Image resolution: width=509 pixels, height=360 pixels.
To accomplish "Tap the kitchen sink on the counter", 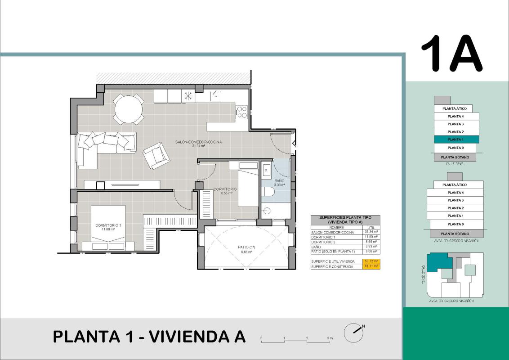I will coord(215,96).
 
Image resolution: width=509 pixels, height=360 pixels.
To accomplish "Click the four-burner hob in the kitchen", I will coord(241,112).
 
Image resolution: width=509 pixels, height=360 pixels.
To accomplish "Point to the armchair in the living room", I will coord(156,155).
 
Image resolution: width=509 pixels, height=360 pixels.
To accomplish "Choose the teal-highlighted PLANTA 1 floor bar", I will coord(456,139).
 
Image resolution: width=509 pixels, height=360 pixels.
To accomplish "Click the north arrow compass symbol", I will coord(353,332).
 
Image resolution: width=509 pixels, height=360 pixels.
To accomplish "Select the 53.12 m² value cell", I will coord(371,261).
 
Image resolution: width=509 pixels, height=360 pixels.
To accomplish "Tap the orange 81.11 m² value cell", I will coord(371,267).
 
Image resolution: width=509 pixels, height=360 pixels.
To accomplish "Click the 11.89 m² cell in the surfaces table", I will coord(371,237).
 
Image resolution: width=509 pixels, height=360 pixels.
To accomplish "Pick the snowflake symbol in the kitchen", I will coord(188,95).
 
